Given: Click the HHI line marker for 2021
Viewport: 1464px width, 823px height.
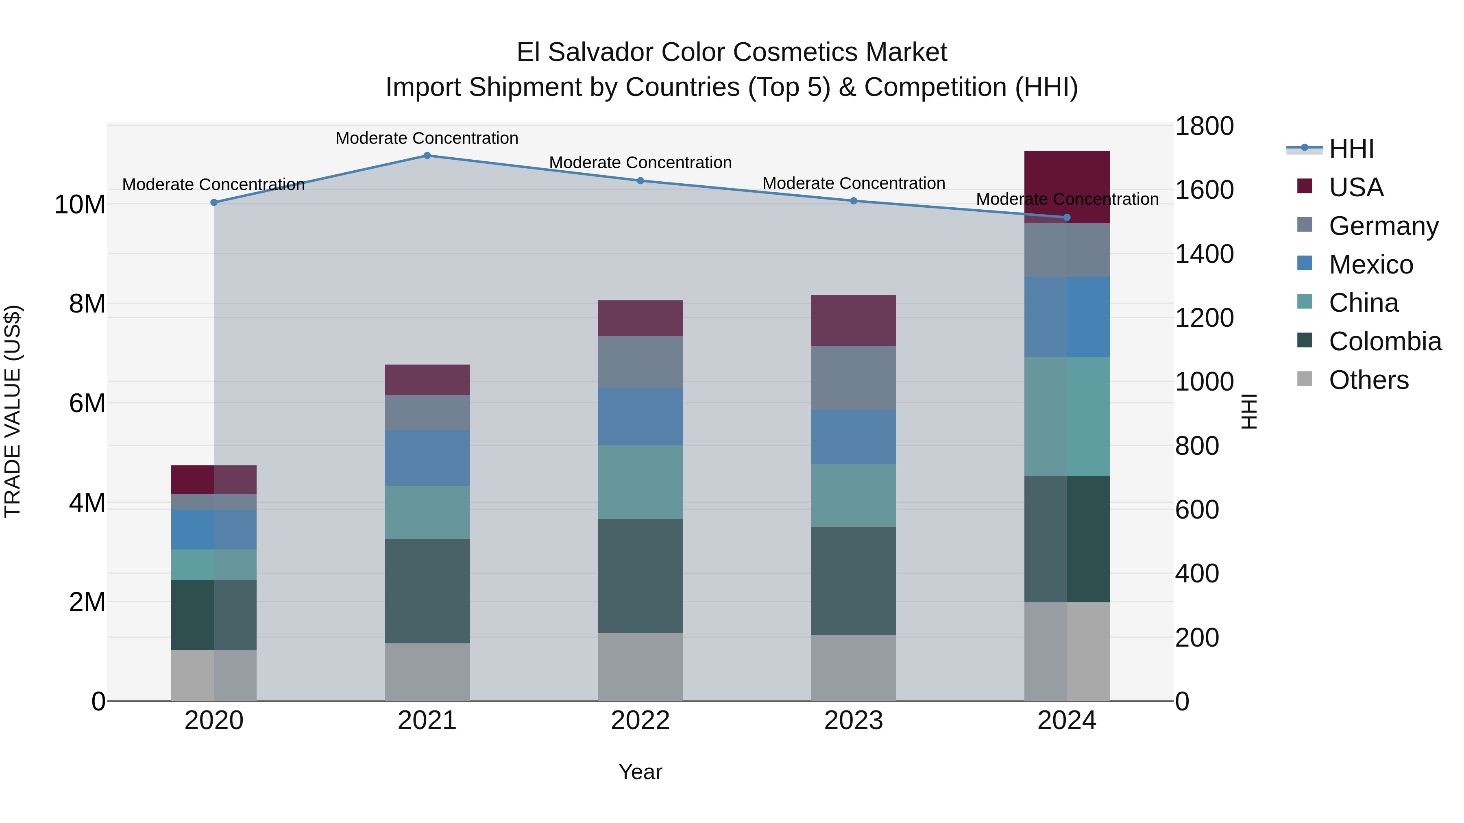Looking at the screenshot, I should pos(427,156).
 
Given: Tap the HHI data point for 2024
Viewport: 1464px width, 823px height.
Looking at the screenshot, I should pos(1066,217).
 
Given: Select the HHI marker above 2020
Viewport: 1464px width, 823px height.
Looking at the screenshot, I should pos(213,203).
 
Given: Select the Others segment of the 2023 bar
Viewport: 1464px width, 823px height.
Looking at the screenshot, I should pos(853,667).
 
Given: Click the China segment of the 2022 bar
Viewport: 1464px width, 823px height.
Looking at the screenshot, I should pos(640,482).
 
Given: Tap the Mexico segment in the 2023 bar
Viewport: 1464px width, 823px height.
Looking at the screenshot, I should pos(853,437).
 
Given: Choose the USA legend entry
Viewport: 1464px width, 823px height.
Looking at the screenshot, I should pos(1356,187).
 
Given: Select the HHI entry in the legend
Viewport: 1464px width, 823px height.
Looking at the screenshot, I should pos(1351,149).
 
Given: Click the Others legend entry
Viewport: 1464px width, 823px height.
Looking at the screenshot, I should pos(1368,380).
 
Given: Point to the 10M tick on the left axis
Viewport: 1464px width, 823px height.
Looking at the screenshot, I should pos(80,204).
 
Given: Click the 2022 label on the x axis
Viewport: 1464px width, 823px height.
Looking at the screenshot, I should pos(640,721).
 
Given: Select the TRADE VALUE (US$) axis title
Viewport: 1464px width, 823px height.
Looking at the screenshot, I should pos(13,411).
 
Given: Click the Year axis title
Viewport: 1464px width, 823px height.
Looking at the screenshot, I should pos(640,772).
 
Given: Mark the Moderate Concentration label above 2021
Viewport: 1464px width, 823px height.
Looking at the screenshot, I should pos(427,138).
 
